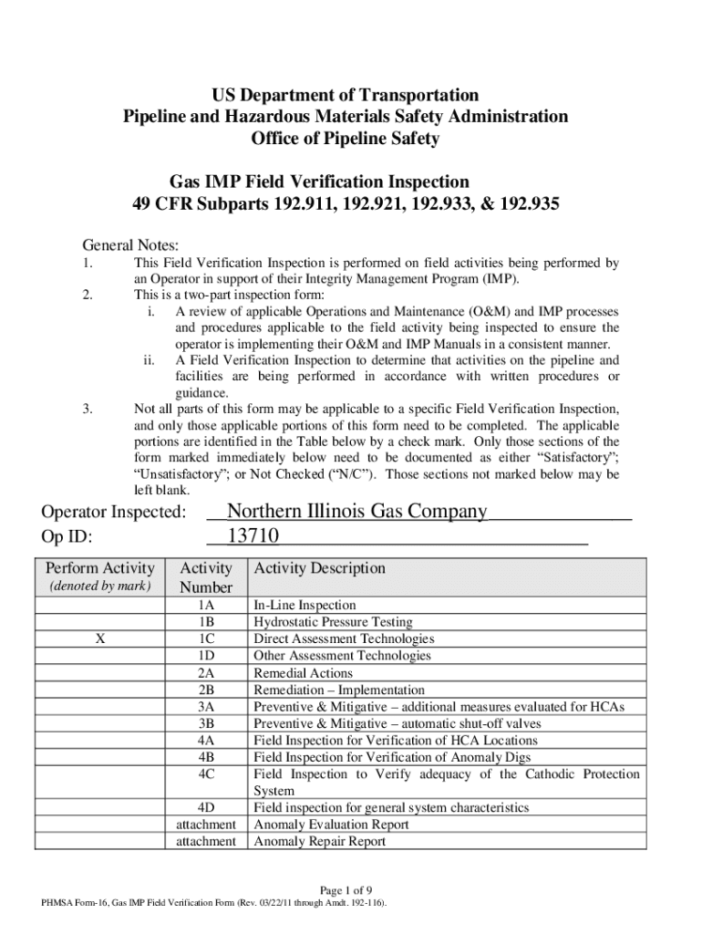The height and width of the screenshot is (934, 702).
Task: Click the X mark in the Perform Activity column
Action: click(x=98, y=639)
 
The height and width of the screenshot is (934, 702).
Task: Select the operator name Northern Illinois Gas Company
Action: click(x=356, y=511)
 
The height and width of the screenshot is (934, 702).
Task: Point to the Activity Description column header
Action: click(x=319, y=568)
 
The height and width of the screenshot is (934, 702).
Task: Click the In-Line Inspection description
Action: click(x=305, y=606)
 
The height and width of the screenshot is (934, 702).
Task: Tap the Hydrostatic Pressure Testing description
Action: click(x=333, y=623)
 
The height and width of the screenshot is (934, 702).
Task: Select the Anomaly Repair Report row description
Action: click(x=319, y=842)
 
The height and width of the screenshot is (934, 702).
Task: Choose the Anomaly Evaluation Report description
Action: click(x=331, y=825)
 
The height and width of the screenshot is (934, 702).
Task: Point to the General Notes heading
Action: click(x=131, y=245)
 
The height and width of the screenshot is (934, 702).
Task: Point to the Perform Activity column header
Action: click(x=100, y=568)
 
